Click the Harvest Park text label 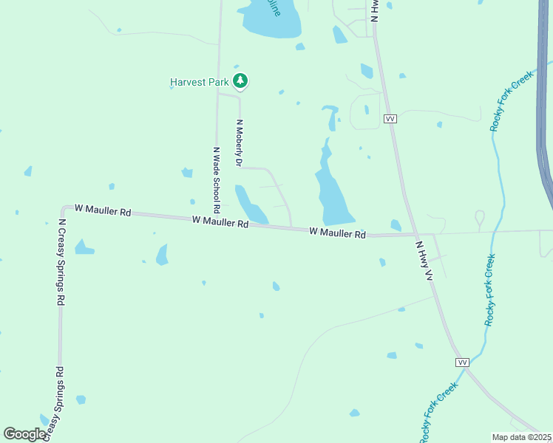click(199, 82)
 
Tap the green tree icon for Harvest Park click(240, 80)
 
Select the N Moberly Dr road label click(240, 142)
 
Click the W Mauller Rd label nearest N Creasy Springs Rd click(103, 211)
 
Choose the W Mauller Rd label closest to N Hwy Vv click(337, 233)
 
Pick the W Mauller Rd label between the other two click(220, 221)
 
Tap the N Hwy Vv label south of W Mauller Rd click(424, 261)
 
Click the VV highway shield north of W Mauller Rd click(391, 118)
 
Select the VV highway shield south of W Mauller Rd click(463, 362)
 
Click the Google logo click(24, 434)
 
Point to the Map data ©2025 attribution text click(522, 437)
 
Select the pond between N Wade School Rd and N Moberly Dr click(251, 205)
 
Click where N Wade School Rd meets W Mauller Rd click(215, 219)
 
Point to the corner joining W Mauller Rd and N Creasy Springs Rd click(64, 209)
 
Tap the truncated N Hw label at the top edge click(376, 10)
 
